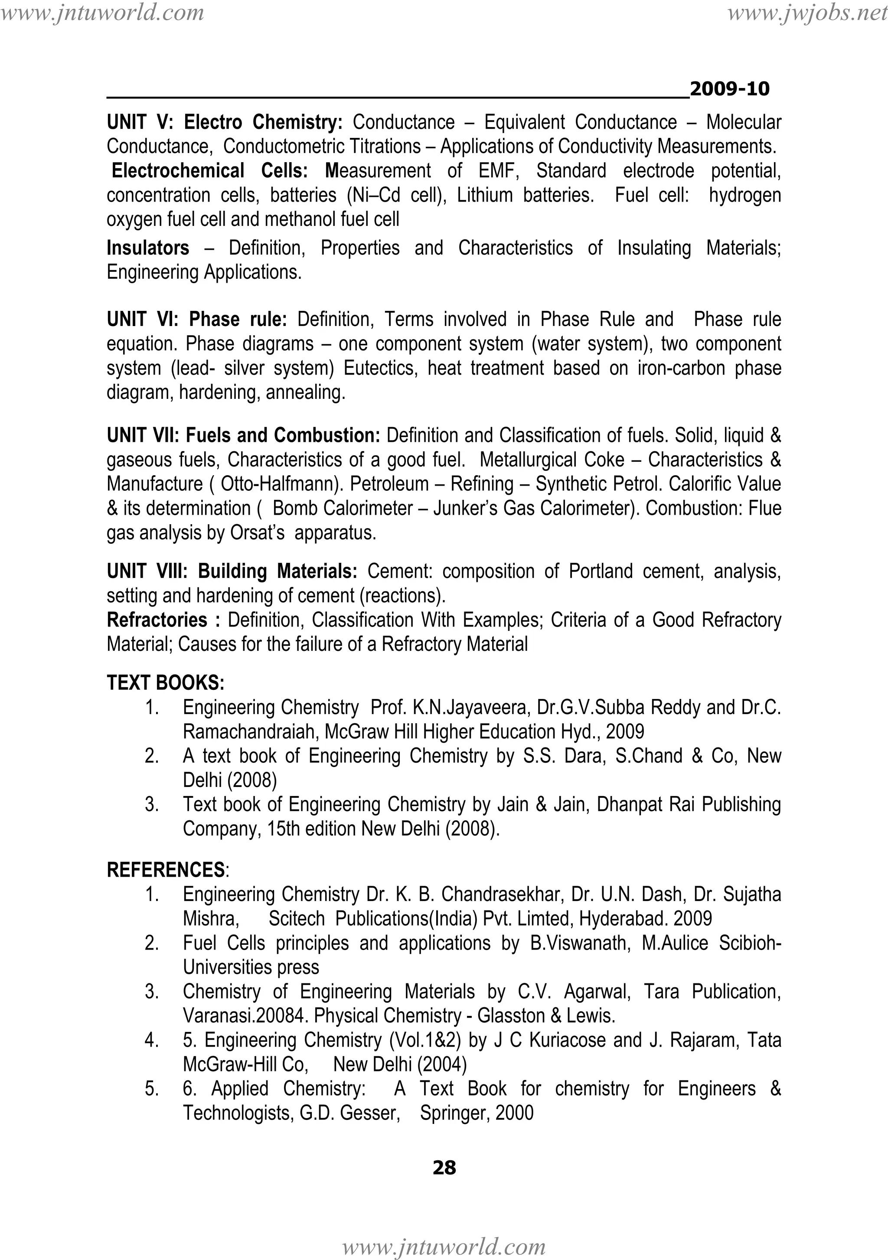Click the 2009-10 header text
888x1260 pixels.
[x=729, y=88]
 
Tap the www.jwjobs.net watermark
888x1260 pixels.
[x=807, y=13]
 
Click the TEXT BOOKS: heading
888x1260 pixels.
[x=165, y=683]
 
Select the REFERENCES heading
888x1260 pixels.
[x=166, y=870]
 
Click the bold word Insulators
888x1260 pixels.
[x=147, y=248]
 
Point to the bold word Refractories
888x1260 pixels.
[x=157, y=620]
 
